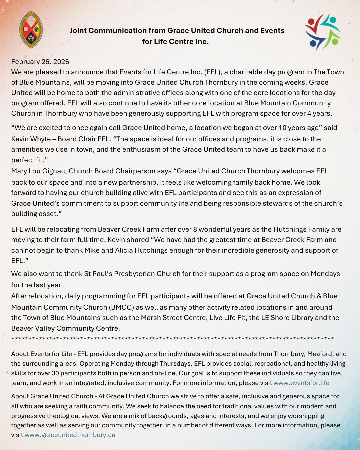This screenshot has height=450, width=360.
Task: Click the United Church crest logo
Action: pyautogui.click(x=31, y=30)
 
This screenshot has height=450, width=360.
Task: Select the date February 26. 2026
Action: pyautogui.click(x=40, y=62)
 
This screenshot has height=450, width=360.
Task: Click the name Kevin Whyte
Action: pyautogui.click(x=31, y=139)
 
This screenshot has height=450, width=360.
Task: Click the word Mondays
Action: pyautogui.click(x=325, y=274)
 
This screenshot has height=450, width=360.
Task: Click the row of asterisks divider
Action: pyautogui.click(x=172, y=339)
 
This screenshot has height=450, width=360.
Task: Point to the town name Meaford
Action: pyautogui.click(x=320, y=354)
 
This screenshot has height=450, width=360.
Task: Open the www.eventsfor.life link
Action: pyautogui.click(x=301, y=383)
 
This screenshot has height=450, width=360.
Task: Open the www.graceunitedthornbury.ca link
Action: pyautogui.click(x=70, y=435)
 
